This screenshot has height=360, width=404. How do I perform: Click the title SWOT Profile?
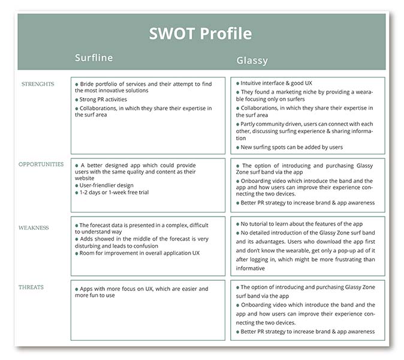[x=200, y=34]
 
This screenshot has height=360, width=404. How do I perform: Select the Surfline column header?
[x=94, y=58]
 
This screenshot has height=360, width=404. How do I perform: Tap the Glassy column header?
[x=252, y=61]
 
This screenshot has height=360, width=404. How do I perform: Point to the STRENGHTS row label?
[x=38, y=84]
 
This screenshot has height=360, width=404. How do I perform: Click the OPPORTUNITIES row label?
[x=41, y=164]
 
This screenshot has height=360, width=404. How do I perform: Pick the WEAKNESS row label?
[x=34, y=228]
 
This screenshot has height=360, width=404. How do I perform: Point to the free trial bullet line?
[x=114, y=193]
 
